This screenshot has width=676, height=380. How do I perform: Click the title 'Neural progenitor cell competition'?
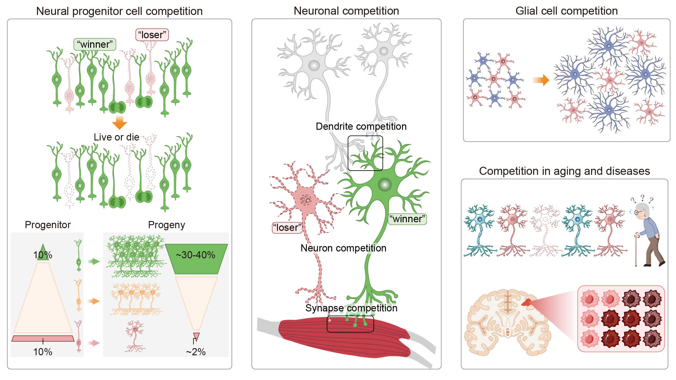click(119, 11)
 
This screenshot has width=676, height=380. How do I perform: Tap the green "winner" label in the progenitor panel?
click(95, 44)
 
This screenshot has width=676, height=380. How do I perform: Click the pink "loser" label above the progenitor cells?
click(152, 35)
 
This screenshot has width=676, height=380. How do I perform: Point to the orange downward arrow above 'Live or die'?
click(119, 122)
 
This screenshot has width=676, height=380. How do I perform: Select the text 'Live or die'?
click(116, 137)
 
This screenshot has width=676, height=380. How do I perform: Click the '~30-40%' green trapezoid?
click(196, 258)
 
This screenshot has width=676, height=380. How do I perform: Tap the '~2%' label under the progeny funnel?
click(195, 352)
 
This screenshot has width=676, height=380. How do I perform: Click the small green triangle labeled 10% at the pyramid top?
click(43, 253)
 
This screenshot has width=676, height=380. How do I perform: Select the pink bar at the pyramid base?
click(43, 339)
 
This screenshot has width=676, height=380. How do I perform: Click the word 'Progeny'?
click(166, 225)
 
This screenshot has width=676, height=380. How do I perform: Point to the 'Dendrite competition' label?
click(361, 126)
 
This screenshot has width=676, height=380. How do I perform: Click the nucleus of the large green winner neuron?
click(384, 185)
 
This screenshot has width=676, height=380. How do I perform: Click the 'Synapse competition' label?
click(351, 308)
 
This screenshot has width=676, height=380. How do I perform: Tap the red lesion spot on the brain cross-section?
click(526, 303)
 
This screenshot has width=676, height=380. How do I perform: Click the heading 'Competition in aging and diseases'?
click(564, 171)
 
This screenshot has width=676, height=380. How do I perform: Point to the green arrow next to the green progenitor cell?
click(93, 262)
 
